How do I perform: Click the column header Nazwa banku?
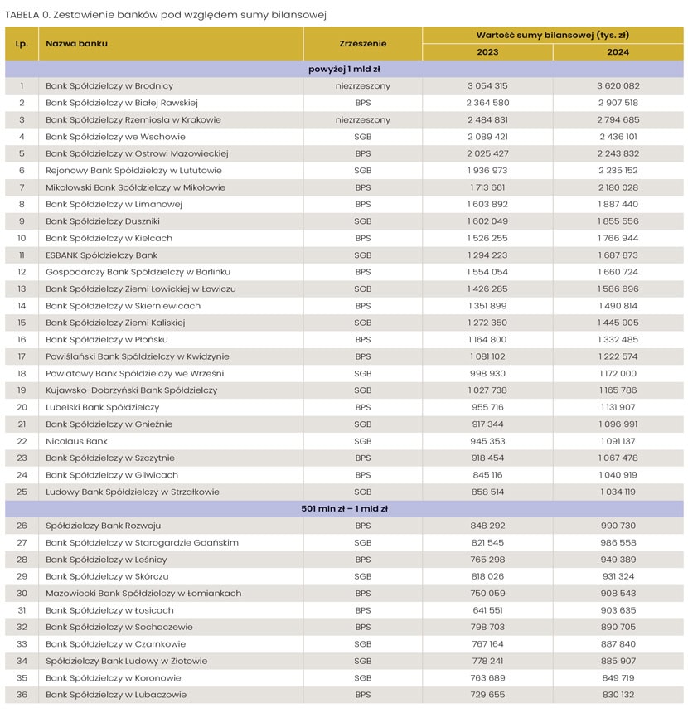pos(76,43)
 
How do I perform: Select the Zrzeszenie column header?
pos(362,43)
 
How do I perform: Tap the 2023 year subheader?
pos(487,52)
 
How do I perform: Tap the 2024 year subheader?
pos(618,52)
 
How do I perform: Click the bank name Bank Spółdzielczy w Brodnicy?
pos(109,86)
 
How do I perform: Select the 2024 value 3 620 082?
pos(618,86)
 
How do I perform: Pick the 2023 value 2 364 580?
pos(487,103)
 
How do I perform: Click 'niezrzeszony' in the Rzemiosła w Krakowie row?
pos(362,120)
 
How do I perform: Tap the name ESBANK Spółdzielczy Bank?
pos(101,255)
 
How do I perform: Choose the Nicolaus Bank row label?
pos(76,441)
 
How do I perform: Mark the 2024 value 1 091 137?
pos(618,441)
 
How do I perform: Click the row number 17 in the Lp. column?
pos(22,356)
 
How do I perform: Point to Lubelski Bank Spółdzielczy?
pos(102,407)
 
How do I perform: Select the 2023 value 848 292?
pos(487,526)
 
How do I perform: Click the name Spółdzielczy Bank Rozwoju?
pos(103,526)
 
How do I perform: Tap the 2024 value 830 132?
pos(618,695)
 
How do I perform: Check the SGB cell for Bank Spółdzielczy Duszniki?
pos(362,221)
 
